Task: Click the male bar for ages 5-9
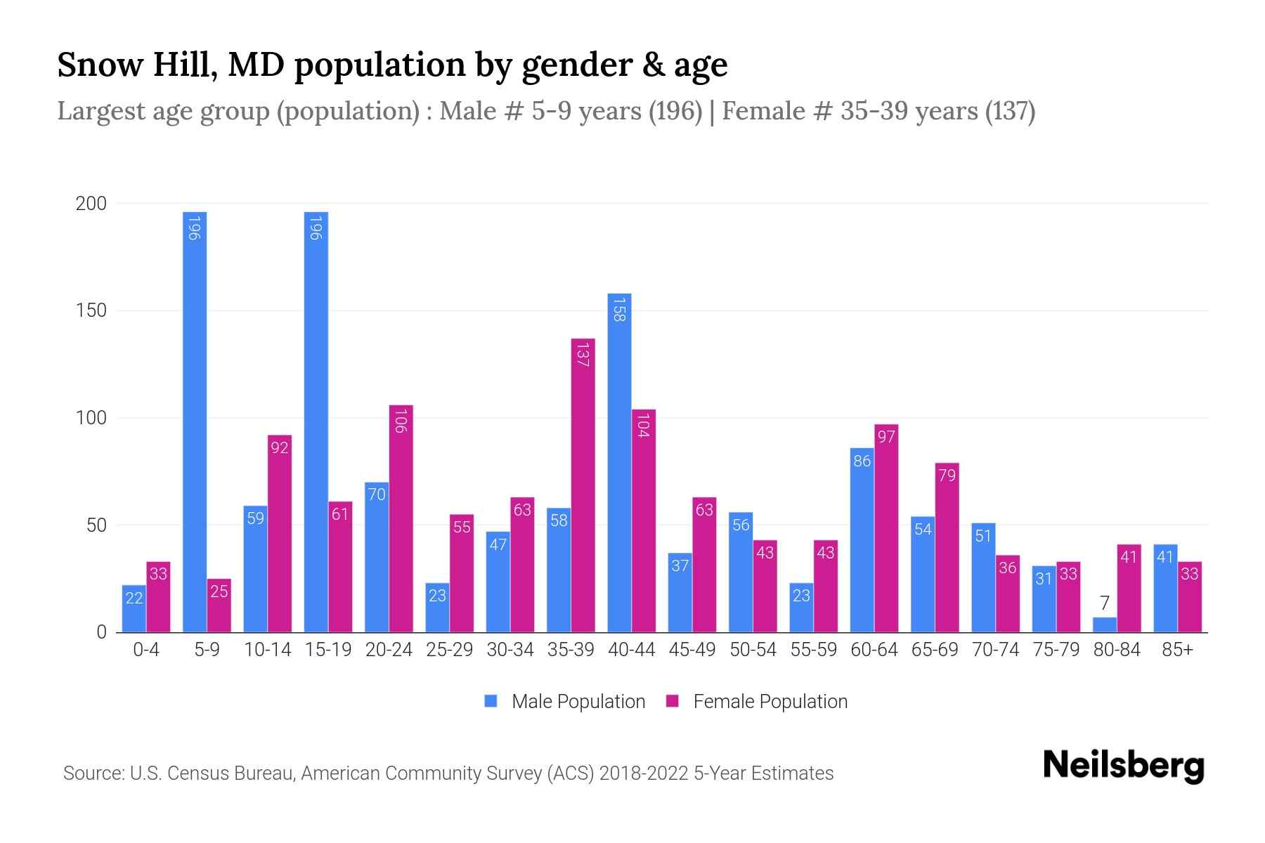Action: point(195,421)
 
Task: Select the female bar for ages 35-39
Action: point(583,485)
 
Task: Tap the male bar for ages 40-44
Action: point(619,464)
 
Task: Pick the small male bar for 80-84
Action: point(1104,625)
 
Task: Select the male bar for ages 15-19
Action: point(316,421)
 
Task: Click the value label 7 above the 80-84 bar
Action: point(1104,603)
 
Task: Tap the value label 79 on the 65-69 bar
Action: point(947,476)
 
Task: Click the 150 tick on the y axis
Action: point(91,311)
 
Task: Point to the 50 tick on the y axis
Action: point(96,525)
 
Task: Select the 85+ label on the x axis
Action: point(1177,650)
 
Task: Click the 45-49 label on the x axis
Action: point(692,650)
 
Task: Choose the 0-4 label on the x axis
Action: point(146,650)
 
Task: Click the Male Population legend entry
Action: point(578,702)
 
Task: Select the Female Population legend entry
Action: point(770,702)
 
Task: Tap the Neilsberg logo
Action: point(1123,766)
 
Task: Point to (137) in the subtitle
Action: point(1010,111)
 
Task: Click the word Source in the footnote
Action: point(92,773)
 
